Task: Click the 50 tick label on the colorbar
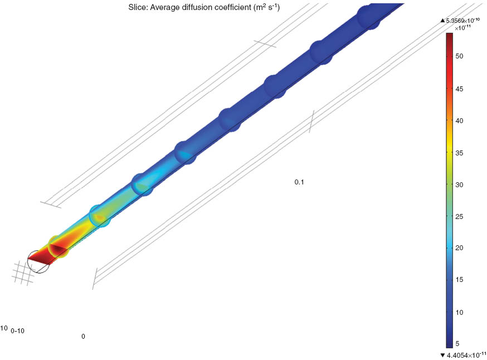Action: pyautogui.click(x=460, y=56)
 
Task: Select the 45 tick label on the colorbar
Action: pyautogui.click(x=460, y=89)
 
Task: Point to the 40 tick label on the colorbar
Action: pyautogui.click(x=460, y=120)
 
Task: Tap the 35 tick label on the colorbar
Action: pyautogui.click(x=460, y=152)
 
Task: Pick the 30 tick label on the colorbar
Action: pyautogui.click(x=460, y=184)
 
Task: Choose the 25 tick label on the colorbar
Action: pyautogui.click(x=460, y=216)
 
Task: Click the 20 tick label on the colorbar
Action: pyautogui.click(x=460, y=248)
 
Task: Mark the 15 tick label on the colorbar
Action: pyautogui.click(x=460, y=280)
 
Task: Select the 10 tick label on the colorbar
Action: pyautogui.click(x=460, y=312)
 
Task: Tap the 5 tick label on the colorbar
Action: pyautogui.click(x=458, y=344)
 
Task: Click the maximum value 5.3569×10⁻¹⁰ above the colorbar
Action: pyautogui.click(x=464, y=20)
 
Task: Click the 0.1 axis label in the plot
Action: pyautogui.click(x=300, y=182)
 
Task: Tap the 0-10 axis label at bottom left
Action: pyautogui.click(x=17, y=331)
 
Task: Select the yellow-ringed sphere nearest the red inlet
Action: pyautogui.click(x=59, y=247)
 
